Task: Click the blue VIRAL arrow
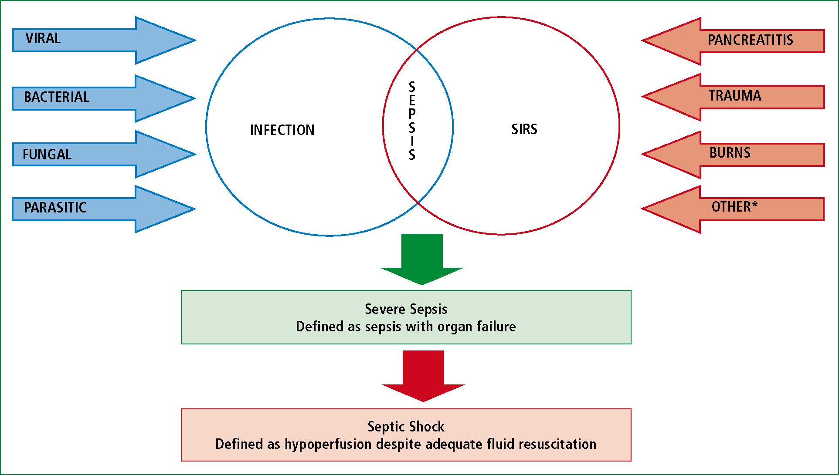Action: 104,40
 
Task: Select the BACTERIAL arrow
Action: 104,98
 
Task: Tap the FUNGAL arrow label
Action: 47,155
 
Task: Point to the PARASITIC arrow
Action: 104,209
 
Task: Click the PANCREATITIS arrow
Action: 733,41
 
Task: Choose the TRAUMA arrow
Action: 733,97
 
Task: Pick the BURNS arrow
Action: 733,155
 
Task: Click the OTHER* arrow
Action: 733,209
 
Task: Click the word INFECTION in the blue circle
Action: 282,130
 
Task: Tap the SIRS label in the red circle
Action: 524,129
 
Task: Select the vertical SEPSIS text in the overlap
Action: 412,121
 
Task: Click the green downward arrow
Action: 422,259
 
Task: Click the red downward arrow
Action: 423,376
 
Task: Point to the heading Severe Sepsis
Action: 406,309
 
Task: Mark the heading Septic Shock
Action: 406,426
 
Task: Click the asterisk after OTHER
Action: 754,204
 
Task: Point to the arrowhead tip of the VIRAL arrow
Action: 196,40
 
